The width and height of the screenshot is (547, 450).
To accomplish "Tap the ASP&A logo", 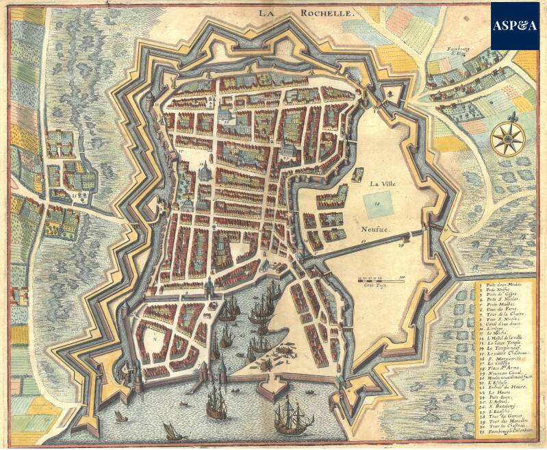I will tap(515, 25).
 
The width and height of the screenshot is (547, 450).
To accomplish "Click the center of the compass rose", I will tap(509, 136).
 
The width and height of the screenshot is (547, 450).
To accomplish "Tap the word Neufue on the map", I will tap(377, 232).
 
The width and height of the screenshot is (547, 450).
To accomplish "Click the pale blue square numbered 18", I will tap(376, 203).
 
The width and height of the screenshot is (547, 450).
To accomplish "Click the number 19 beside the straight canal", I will tap(364, 241).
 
